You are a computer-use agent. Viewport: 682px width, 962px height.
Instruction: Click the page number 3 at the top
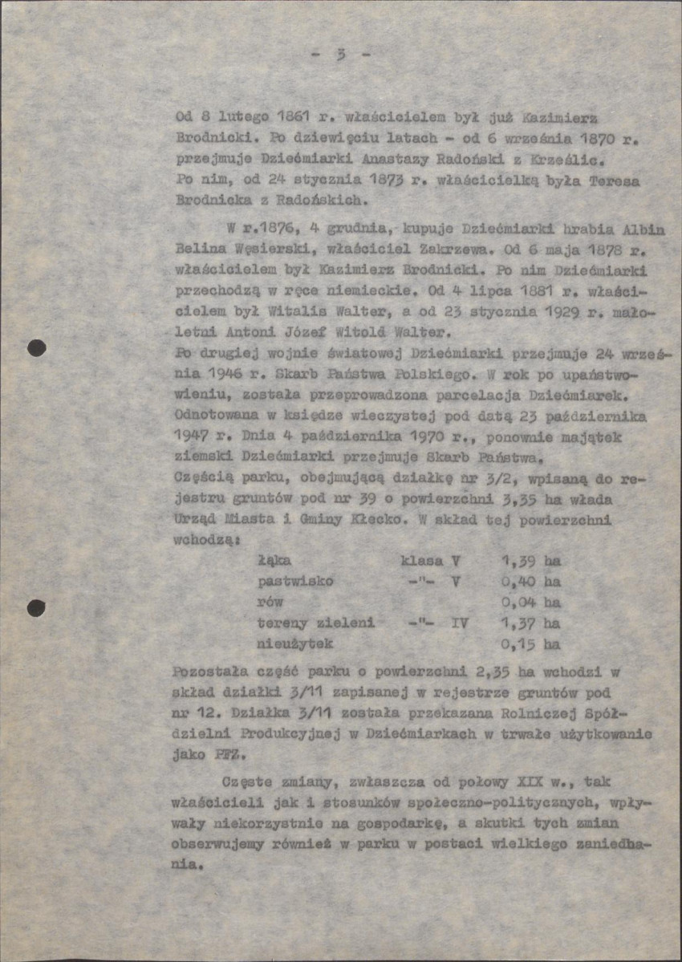(341, 55)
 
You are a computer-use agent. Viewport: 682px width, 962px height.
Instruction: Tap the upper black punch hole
(36, 348)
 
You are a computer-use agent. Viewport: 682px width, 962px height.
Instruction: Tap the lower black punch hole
(36, 607)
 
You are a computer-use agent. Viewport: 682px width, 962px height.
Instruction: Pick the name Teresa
(615, 181)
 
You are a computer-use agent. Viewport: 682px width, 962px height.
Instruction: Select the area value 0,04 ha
(530, 602)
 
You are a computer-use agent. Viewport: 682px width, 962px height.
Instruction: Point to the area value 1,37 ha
(530, 623)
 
